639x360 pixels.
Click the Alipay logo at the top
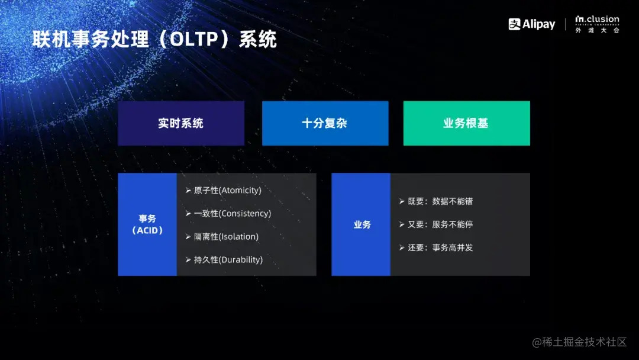(x=531, y=24)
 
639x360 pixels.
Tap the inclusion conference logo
(x=597, y=20)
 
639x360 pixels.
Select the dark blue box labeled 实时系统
(x=181, y=123)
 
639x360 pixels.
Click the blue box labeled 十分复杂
(x=325, y=123)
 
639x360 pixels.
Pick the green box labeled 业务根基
(x=466, y=123)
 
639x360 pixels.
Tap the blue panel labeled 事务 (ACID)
(x=147, y=224)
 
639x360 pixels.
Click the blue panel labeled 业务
(x=361, y=224)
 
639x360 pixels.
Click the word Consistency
(x=245, y=213)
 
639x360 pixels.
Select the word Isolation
(x=239, y=236)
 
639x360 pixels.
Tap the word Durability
(x=241, y=259)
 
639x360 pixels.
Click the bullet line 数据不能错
(x=452, y=201)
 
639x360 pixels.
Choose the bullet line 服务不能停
(x=452, y=224)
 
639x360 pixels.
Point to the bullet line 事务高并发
(x=452, y=247)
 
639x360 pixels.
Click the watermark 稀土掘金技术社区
(x=579, y=342)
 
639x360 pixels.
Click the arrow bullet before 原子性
(x=188, y=190)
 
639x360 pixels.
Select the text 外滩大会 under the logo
(x=597, y=30)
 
